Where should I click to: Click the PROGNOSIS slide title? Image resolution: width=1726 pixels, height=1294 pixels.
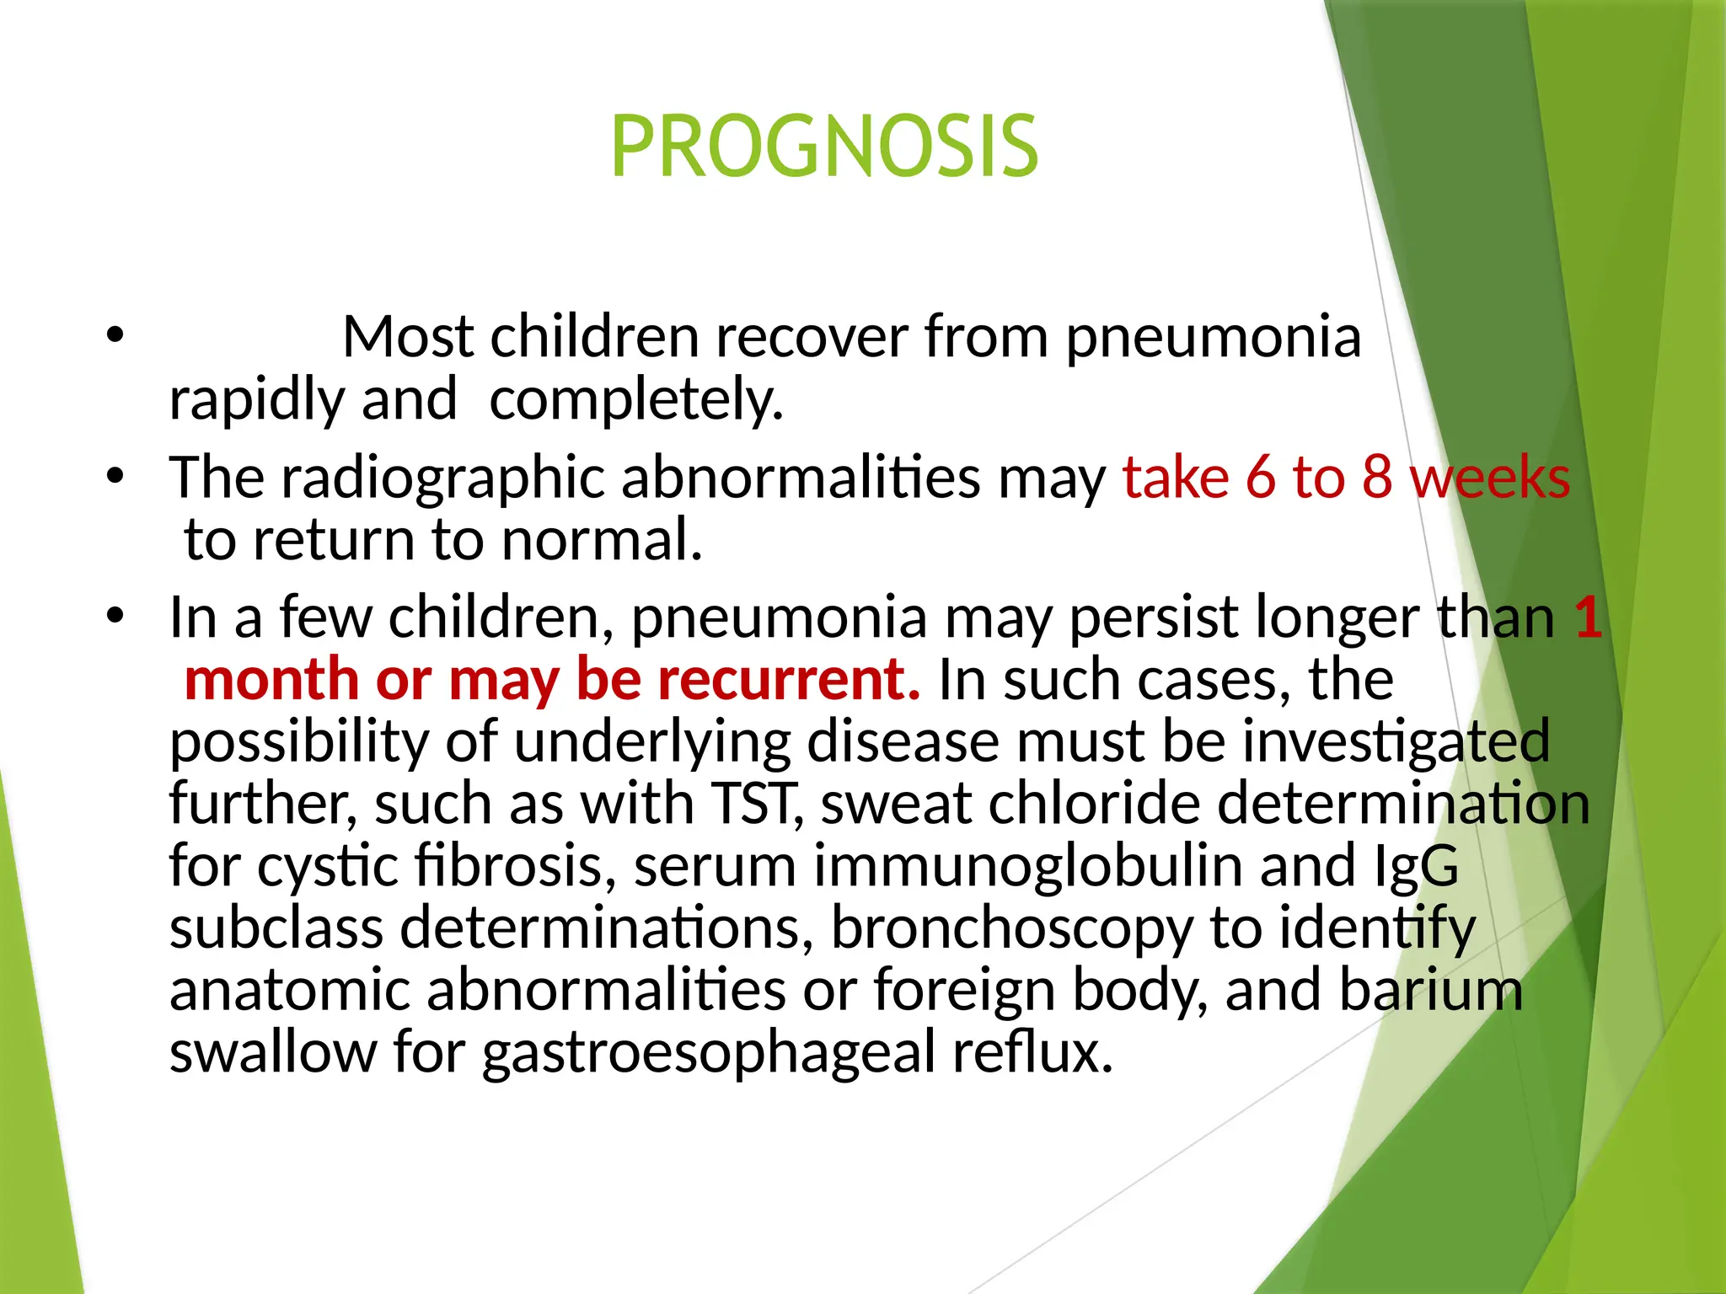tap(823, 147)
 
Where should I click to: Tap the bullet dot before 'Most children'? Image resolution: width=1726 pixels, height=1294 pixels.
tap(115, 336)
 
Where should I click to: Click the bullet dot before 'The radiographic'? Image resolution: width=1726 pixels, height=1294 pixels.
tap(115, 477)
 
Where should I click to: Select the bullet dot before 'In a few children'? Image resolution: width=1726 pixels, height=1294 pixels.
tap(115, 617)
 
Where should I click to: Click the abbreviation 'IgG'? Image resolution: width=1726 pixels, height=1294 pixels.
tap(1416, 865)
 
